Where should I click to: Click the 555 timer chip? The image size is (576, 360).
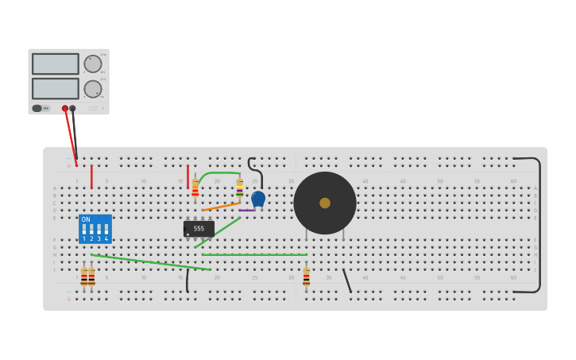[x=199, y=228]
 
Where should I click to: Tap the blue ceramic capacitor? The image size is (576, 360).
[x=258, y=198]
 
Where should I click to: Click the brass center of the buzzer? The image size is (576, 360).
[x=325, y=203]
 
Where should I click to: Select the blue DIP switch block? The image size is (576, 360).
[x=95, y=229]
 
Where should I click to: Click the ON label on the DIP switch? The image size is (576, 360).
[x=86, y=219]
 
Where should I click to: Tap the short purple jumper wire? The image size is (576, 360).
[x=247, y=210]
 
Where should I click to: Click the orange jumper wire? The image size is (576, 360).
[x=221, y=206]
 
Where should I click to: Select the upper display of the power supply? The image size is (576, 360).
[x=56, y=64]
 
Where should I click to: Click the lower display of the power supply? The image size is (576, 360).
[x=56, y=88]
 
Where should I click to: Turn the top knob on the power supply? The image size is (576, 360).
[x=93, y=64]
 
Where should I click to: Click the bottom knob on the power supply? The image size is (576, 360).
[x=93, y=88]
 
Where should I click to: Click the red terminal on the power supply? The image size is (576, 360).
[x=65, y=108]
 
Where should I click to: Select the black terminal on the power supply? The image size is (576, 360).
[x=73, y=108]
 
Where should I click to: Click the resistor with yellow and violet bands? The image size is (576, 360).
[x=239, y=188]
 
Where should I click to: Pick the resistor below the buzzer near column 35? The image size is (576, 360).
[x=306, y=277]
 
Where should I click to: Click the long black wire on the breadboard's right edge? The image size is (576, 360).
[x=539, y=225]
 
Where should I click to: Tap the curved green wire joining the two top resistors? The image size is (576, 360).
[x=218, y=173]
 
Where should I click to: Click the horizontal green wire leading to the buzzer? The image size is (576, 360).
[x=254, y=255]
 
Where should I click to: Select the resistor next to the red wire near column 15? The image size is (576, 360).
[x=195, y=188]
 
